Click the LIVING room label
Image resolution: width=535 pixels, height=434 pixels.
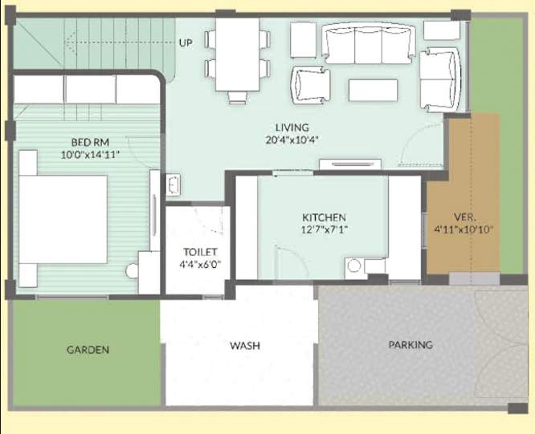pyautogui.click(x=292, y=127)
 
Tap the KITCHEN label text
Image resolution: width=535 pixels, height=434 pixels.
pyautogui.click(x=324, y=217)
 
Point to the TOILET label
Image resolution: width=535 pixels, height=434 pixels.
pyautogui.click(x=198, y=251)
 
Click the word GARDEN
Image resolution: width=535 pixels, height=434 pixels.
pyautogui.click(x=88, y=350)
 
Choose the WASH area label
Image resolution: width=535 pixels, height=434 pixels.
pyautogui.click(x=244, y=346)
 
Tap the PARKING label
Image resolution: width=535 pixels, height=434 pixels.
pyautogui.click(x=410, y=345)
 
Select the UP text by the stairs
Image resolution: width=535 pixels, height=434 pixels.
pyautogui.click(x=186, y=43)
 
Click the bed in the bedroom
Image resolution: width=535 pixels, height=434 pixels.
pyautogui.click(x=63, y=219)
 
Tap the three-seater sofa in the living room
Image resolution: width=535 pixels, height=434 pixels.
pyautogui.click(x=369, y=43)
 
